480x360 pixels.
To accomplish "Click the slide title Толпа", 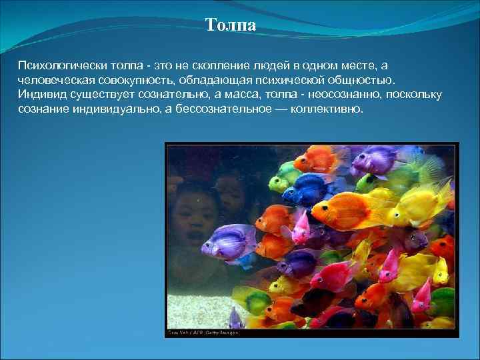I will click(x=231, y=25).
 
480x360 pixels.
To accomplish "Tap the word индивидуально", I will click(x=115, y=108).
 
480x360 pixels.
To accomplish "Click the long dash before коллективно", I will click(x=279, y=108).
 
